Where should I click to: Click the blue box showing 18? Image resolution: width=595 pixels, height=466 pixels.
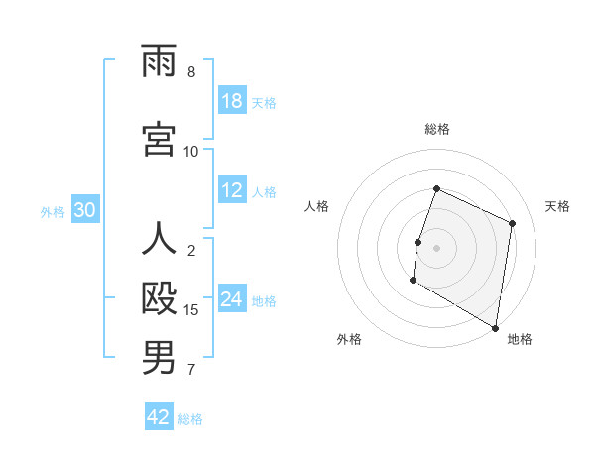232,101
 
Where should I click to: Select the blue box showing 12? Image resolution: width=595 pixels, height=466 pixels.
232,190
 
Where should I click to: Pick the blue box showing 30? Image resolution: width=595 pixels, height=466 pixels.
85,210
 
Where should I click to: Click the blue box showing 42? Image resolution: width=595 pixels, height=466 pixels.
159,417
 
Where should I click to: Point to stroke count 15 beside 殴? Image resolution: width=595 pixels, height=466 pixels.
192,310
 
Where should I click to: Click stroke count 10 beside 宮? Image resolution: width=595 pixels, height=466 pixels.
191,151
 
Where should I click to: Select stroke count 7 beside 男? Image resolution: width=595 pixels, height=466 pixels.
191,370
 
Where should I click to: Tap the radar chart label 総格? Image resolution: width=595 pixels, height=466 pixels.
437,129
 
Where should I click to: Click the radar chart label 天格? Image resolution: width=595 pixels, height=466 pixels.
557,206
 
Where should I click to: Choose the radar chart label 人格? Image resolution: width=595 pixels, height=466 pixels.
317,206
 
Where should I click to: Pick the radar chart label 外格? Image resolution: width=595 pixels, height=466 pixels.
349,339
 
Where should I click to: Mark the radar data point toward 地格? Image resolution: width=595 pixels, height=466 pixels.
495,327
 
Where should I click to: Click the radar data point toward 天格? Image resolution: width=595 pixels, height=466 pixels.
513,223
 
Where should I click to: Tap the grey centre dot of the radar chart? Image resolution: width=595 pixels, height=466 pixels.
437,248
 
